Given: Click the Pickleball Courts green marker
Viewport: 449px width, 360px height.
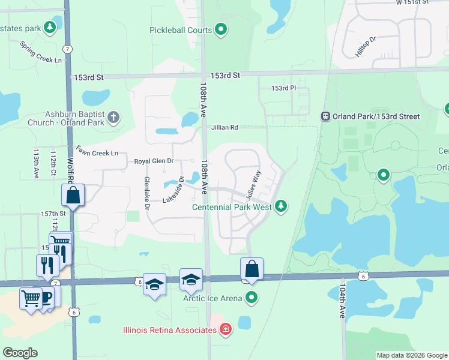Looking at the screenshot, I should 221,29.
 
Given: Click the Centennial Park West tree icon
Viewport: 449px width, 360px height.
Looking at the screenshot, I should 280,207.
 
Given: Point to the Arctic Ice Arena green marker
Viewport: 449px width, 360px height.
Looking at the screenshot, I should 252,298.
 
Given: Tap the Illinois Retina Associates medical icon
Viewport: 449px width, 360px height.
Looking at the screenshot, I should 225,329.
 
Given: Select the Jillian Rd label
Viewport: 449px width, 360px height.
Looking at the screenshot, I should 224,127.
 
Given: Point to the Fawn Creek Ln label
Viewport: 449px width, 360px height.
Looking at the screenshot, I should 97,153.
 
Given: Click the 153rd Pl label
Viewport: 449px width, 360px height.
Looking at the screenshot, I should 283,88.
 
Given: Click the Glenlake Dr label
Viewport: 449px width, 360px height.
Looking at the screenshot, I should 146,192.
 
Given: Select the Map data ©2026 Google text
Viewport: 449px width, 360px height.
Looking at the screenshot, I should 411,355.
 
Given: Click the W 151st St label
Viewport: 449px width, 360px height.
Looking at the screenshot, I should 413,2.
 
